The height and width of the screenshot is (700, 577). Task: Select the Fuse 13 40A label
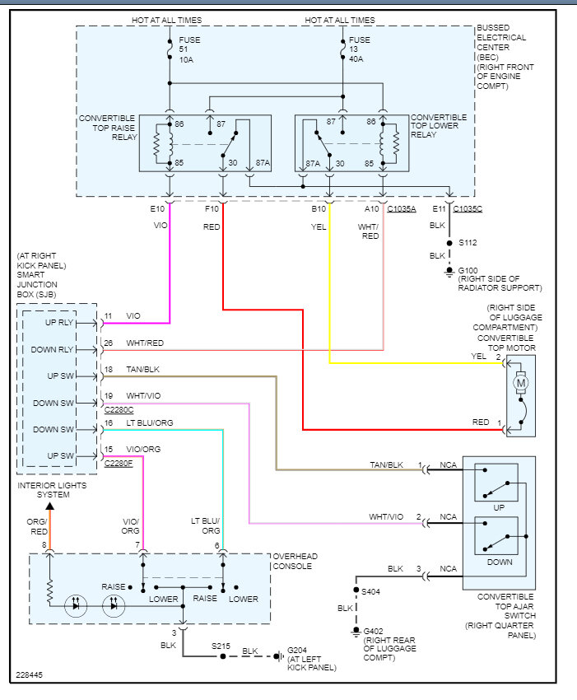coord(360,49)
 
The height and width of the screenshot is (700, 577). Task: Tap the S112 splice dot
coord(449,244)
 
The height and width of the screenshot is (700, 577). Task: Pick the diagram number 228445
coord(29,675)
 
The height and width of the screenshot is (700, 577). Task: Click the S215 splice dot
coord(221,656)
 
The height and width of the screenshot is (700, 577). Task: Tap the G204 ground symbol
coord(281,656)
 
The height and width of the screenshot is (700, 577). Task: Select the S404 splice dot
coord(356,590)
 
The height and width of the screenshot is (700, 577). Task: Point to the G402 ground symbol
coord(356,632)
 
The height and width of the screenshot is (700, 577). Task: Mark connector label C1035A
coord(402,209)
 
